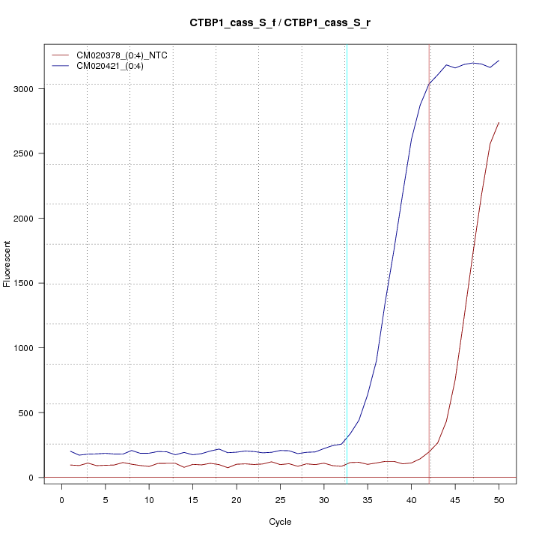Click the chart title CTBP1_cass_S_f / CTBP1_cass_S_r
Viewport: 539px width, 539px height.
click(280, 23)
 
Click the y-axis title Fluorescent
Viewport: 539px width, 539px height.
click(8, 264)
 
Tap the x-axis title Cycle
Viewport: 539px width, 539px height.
click(280, 522)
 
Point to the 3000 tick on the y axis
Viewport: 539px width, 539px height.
click(25, 89)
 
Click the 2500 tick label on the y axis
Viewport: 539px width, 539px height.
click(25, 153)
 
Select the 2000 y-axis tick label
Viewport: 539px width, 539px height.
click(25, 219)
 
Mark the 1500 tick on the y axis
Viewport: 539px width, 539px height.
click(25, 283)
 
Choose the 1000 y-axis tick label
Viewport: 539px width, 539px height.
click(25, 348)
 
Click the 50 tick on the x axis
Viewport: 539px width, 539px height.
click(499, 500)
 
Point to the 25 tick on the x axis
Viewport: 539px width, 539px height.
click(280, 500)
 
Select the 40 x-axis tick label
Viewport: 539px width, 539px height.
click(411, 500)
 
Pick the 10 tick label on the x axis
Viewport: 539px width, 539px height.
click(149, 500)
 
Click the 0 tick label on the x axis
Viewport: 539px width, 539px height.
click(61, 500)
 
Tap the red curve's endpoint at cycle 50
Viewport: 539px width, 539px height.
click(499, 122)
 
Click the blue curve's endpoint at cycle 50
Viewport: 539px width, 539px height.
click(499, 61)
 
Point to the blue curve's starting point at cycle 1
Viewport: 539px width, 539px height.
click(70, 451)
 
